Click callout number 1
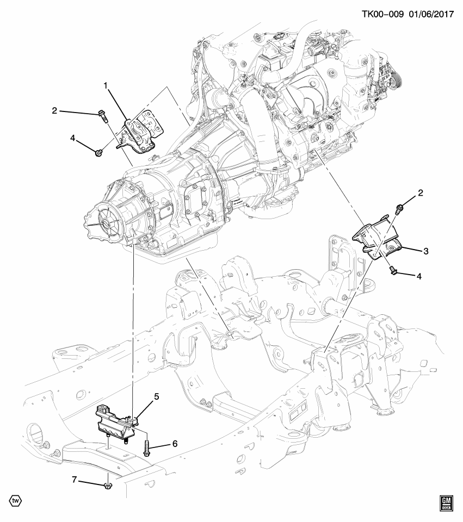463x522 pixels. point(107,85)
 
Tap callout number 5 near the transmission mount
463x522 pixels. point(156,397)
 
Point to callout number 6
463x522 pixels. point(175,444)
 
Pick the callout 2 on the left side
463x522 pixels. point(54,111)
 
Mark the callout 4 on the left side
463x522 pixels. point(72,139)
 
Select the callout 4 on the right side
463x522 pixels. point(419,276)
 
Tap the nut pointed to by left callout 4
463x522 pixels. point(98,153)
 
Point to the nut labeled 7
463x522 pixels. point(107,482)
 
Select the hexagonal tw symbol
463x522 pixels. point(15,500)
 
